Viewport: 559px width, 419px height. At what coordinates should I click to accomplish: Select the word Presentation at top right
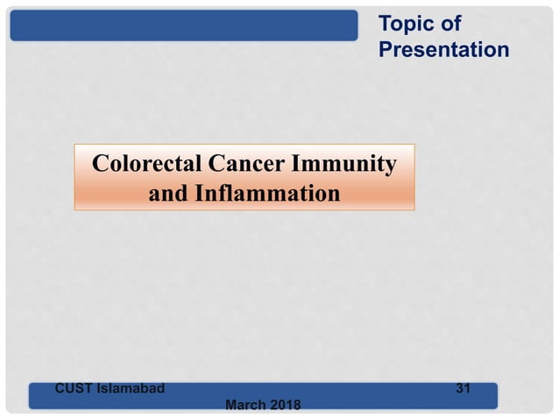[x=443, y=50]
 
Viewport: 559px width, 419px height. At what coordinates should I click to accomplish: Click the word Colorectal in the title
[x=145, y=164]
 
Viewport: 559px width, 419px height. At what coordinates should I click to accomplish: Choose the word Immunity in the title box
[x=345, y=164]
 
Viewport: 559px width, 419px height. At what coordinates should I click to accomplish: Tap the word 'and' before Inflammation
[x=166, y=193]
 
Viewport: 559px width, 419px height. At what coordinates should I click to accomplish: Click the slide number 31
[x=463, y=387]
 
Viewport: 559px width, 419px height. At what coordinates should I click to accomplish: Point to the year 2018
[x=285, y=405]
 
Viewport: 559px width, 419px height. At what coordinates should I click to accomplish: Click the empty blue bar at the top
[x=184, y=25]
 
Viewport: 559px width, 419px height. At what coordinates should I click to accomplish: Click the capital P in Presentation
[x=386, y=50]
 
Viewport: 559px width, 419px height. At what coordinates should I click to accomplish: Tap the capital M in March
[x=231, y=405]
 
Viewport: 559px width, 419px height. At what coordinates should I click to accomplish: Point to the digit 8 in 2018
[x=295, y=405]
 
